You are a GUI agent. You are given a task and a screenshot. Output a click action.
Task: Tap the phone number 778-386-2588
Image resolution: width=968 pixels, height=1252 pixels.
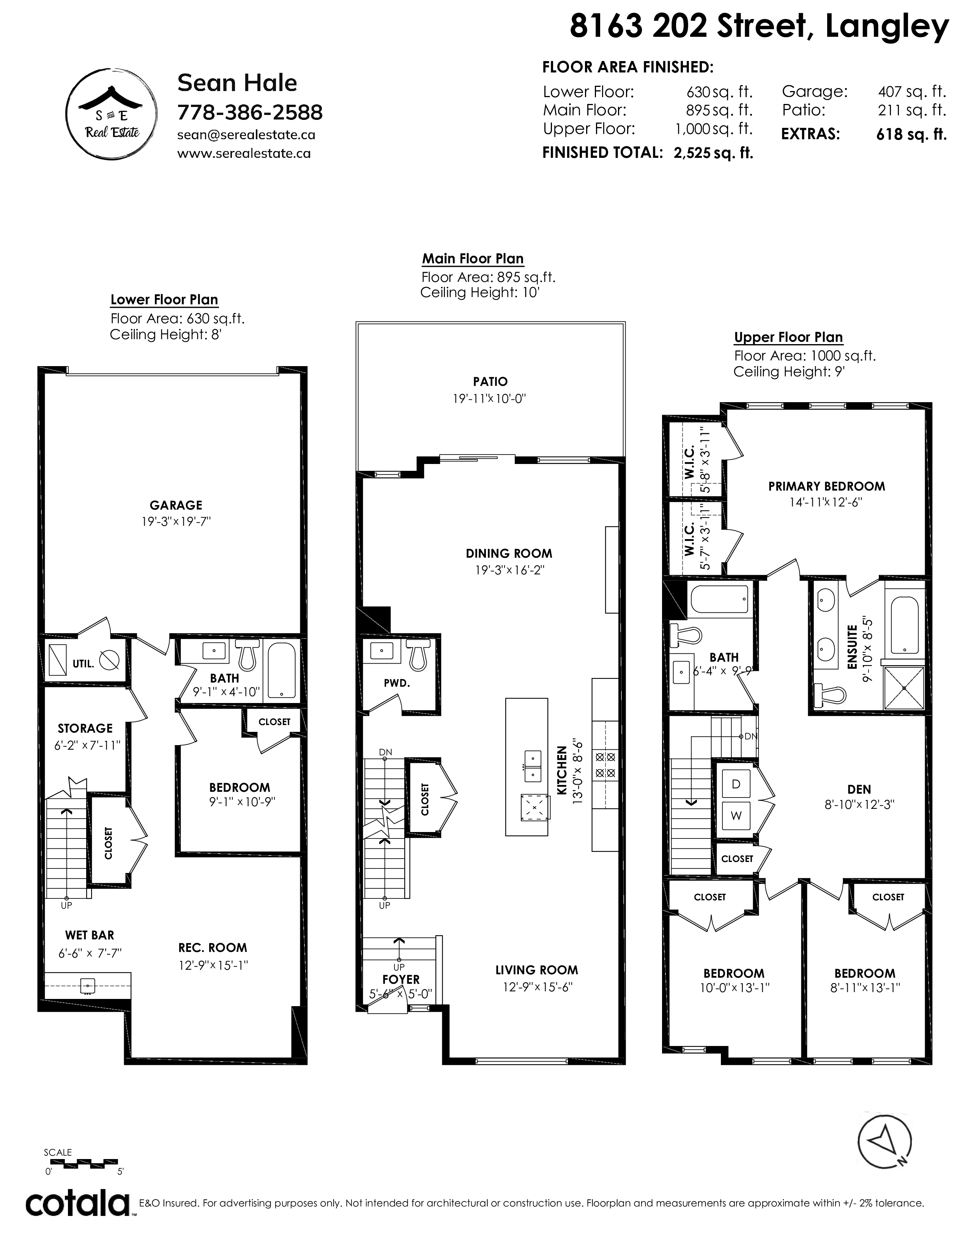[x=250, y=112]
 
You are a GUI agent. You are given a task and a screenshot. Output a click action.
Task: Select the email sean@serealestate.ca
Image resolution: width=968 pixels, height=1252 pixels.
[x=246, y=135]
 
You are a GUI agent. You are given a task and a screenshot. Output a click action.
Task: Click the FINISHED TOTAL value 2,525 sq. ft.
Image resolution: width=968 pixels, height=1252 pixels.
[x=713, y=153]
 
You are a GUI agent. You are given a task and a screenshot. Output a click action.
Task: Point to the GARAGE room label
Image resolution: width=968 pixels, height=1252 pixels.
[x=176, y=505]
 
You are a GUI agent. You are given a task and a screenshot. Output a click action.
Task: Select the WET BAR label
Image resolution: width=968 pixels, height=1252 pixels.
[x=90, y=935]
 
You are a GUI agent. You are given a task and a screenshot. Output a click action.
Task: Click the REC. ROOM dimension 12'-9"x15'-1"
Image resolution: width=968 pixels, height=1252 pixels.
[x=213, y=965]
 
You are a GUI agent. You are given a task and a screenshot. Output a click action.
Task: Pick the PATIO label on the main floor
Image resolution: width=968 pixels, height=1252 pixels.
[x=490, y=381]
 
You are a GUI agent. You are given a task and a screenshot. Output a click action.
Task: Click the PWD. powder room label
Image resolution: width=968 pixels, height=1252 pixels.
[x=397, y=683]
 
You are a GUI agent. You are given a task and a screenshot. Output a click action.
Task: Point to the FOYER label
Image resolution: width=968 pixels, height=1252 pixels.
[x=401, y=979]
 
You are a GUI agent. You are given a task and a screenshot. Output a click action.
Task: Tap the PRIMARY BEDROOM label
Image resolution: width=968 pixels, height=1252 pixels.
[x=826, y=486]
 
